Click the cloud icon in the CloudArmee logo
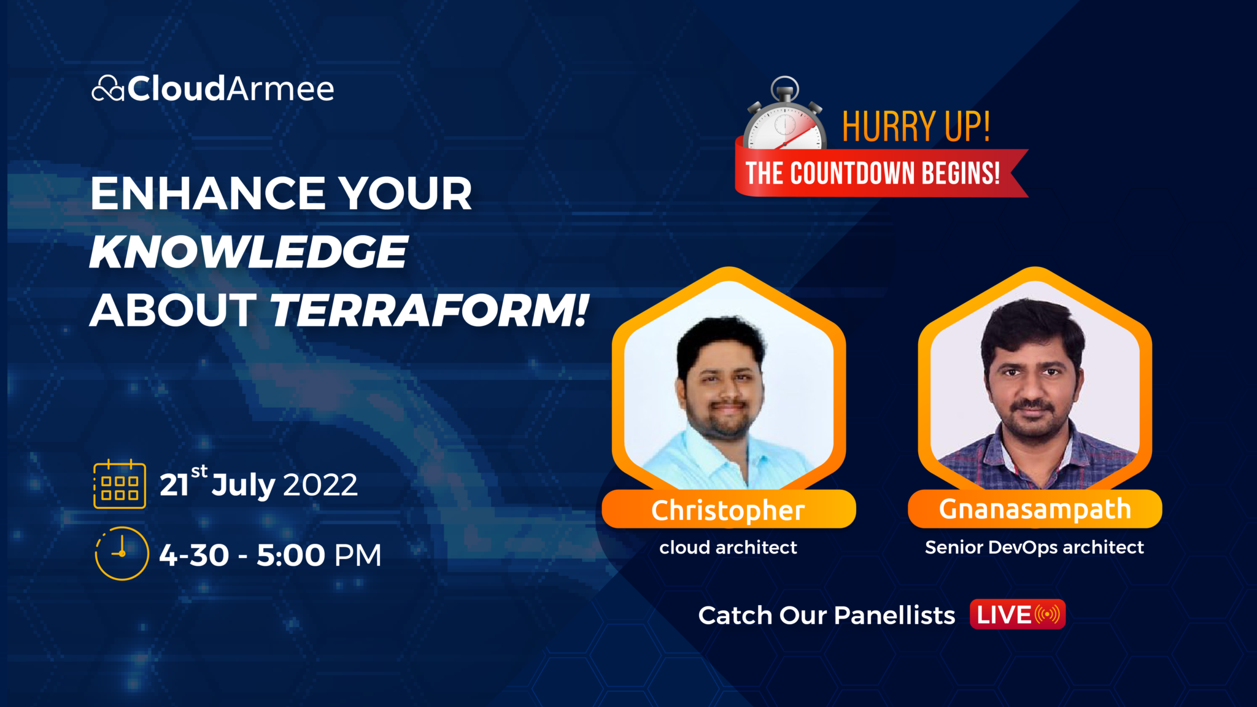(108, 89)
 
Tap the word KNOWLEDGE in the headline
(249, 252)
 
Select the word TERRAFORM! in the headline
(429, 311)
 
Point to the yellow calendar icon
(120, 484)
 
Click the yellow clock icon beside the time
(122, 553)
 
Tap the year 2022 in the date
(320, 485)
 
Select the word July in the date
(243, 485)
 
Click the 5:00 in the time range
(290, 555)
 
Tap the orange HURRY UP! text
(916, 127)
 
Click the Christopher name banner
(728, 510)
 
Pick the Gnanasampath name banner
(1035, 509)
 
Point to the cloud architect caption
(728, 547)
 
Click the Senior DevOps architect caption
(1034, 547)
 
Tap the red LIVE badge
(1017, 615)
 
